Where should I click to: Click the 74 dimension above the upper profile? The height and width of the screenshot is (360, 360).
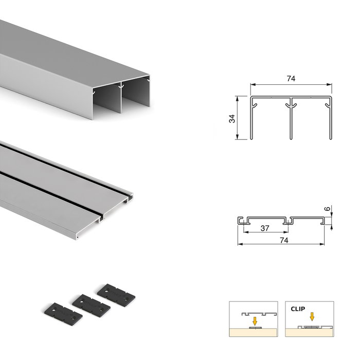tap(291, 79)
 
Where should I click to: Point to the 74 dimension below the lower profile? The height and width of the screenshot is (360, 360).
tap(282, 240)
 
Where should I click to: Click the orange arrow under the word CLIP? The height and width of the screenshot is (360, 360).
tap(312, 317)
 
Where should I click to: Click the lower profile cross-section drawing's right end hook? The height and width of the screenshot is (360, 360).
tap(325, 220)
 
